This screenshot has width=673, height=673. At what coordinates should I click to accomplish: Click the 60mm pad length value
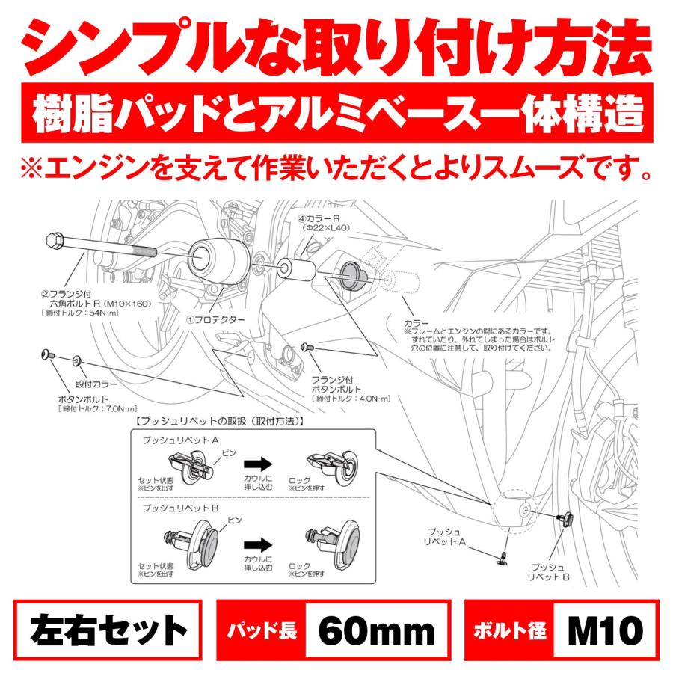click(x=376, y=630)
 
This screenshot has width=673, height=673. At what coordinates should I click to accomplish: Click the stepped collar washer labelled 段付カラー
click(x=78, y=361)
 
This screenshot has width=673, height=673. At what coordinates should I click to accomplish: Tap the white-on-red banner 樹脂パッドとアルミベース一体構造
click(x=336, y=116)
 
